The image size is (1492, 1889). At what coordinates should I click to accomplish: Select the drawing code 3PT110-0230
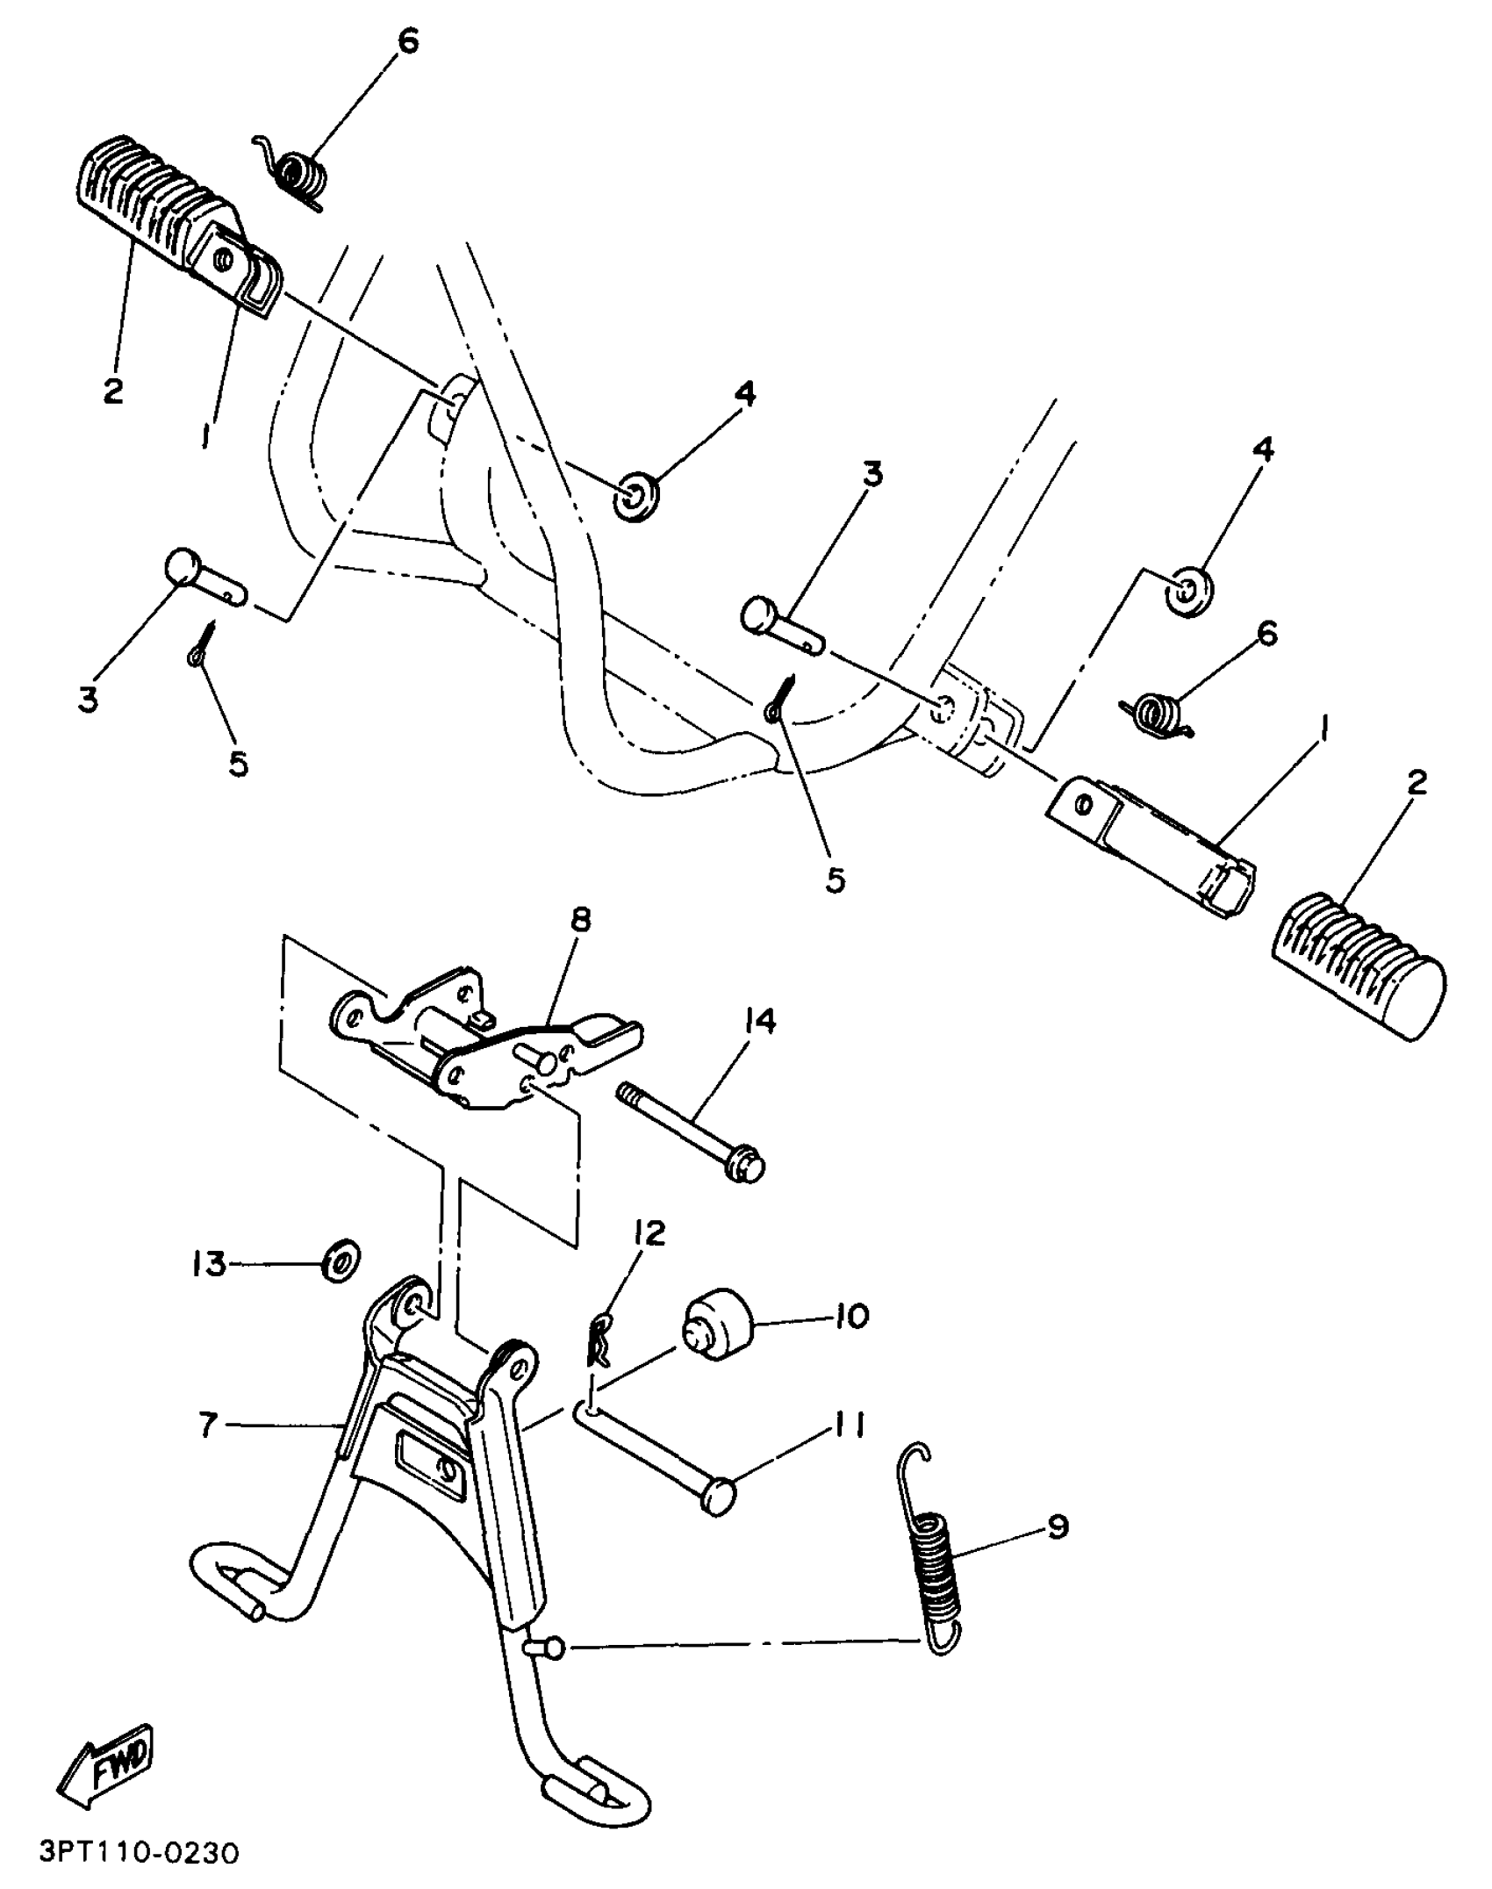(x=139, y=1855)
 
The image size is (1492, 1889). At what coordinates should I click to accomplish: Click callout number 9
(x=1058, y=1526)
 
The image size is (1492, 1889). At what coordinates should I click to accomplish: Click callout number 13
(x=209, y=1264)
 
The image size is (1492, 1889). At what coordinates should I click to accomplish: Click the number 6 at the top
(x=407, y=40)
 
